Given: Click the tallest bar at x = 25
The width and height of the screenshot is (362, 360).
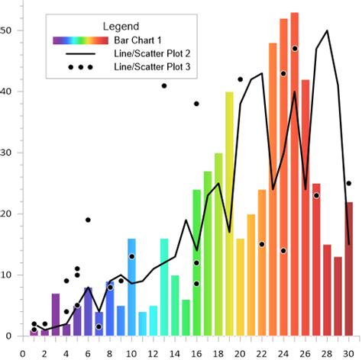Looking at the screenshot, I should coord(294,175).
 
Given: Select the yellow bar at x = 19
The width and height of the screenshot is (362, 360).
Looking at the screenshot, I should coord(229,214).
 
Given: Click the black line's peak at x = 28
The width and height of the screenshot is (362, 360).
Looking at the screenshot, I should coord(327,31).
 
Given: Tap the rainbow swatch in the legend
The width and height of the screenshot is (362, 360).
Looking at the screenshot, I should coord(76,40).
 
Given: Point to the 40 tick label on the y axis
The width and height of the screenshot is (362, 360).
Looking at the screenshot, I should coord(7,92).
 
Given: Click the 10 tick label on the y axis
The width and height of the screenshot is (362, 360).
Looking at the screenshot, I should coord(7,275).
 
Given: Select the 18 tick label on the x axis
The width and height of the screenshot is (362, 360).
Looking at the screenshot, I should coord(218,352).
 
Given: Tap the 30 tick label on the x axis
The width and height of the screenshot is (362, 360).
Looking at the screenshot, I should coord(348,352).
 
